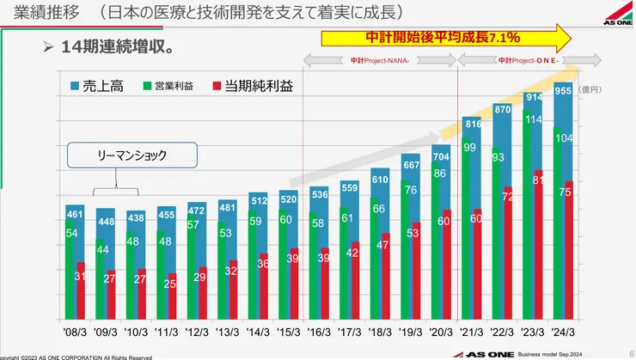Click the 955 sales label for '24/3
562,89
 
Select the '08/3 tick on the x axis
75,329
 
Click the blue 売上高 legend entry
96,86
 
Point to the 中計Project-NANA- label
380,61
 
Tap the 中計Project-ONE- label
528,61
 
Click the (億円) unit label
592,88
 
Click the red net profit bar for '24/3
568,258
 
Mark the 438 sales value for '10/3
136,217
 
